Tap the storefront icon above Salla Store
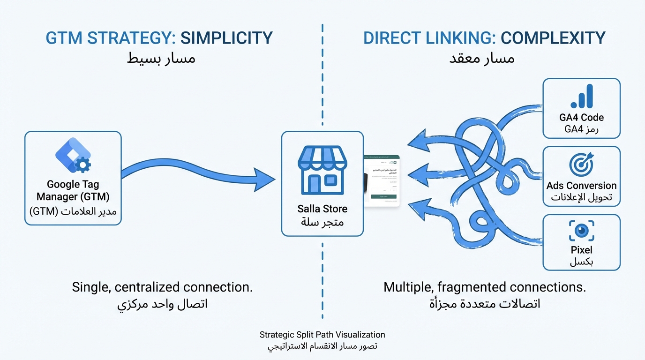[322, 170]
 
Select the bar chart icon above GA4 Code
[582, 97]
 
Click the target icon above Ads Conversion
[581, 165]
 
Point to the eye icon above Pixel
[582, 231]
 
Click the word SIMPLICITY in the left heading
[226, 38]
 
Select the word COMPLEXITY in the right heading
[553, 38]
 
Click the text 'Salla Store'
[322, 209]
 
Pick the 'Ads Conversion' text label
[581, 186]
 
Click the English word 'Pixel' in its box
[582, 250]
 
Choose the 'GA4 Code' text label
[581, 117]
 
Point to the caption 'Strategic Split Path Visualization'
[322, 335]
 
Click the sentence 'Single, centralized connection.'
[162, 287]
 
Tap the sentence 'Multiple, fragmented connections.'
[485, 287]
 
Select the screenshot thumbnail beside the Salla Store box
[382, 180]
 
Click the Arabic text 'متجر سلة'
[322, 222]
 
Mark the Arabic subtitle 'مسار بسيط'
[162, 59]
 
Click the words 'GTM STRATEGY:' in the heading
[111, 38]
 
